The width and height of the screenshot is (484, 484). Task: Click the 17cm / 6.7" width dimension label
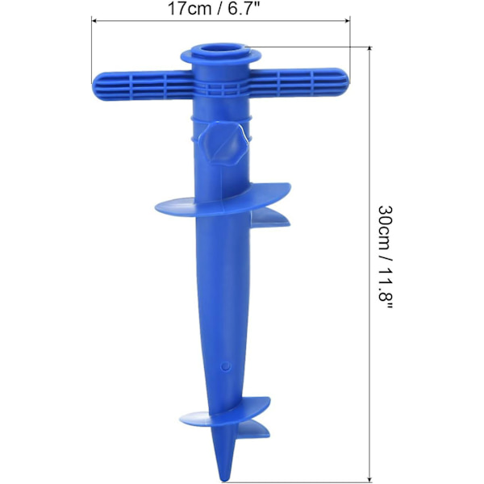213,9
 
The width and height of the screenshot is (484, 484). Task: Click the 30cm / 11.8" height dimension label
386,257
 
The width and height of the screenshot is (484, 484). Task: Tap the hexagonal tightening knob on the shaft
223,144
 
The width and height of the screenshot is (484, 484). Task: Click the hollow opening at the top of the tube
221,50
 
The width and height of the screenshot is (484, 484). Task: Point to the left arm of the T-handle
143,86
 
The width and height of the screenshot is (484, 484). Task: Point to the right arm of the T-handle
299,82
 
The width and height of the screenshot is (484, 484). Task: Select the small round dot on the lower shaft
226,366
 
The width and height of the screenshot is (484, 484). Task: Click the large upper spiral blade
223,205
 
